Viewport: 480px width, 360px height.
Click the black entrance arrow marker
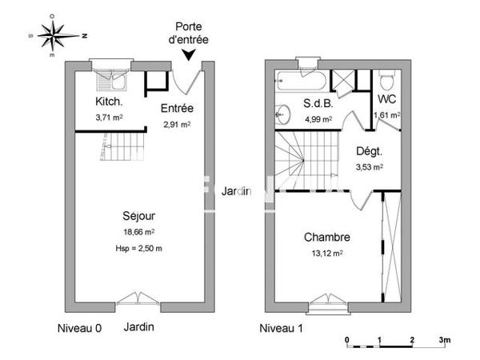tap(188, 54)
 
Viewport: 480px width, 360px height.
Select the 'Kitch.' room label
tap(109, 102)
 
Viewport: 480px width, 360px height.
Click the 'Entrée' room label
tap(178, 108)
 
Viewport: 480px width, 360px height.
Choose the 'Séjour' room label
tap(138, 216)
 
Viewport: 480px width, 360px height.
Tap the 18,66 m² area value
tap(138, 232)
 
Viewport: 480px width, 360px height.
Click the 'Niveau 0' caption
tap(80, 328)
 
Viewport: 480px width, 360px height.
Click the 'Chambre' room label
tap(326, 238)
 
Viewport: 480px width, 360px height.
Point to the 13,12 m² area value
tap(326, 254)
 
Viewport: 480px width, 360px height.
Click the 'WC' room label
tap(386, 99)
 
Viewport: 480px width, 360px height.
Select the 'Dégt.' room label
tap(369, 150)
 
